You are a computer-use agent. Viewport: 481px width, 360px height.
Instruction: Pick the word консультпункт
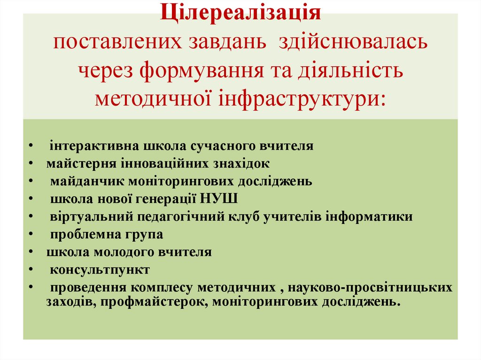point(100,270)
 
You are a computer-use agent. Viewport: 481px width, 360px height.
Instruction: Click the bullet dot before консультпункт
point(30,270)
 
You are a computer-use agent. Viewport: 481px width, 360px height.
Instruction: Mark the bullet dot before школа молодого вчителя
point(30,252)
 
